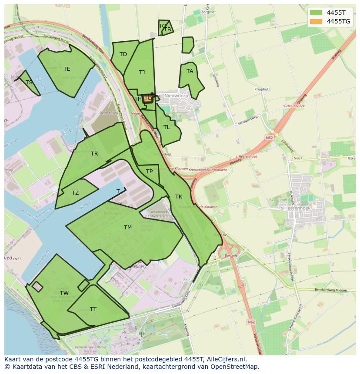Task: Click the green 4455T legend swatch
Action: tap(317, 13)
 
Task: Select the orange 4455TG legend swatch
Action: tap(317, 21)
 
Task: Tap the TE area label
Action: tap(67, 69)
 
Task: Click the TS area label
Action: tap(29, 83)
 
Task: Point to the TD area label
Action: tap(123, 54)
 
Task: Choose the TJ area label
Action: tap(142, 73)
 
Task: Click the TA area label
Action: tap(190, 71)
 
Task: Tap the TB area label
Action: tap(167, 30)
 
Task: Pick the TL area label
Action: tap(167, 127)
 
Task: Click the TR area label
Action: tap(94, 154)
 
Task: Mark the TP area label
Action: tap(149, 172)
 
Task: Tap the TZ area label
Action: tap(75, 193)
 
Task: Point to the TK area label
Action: tap(178, 197)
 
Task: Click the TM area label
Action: tap(127, 228)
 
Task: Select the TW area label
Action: tap(64, 293)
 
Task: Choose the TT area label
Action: tap(93, 309)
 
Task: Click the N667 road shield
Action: tap(297, 158)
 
